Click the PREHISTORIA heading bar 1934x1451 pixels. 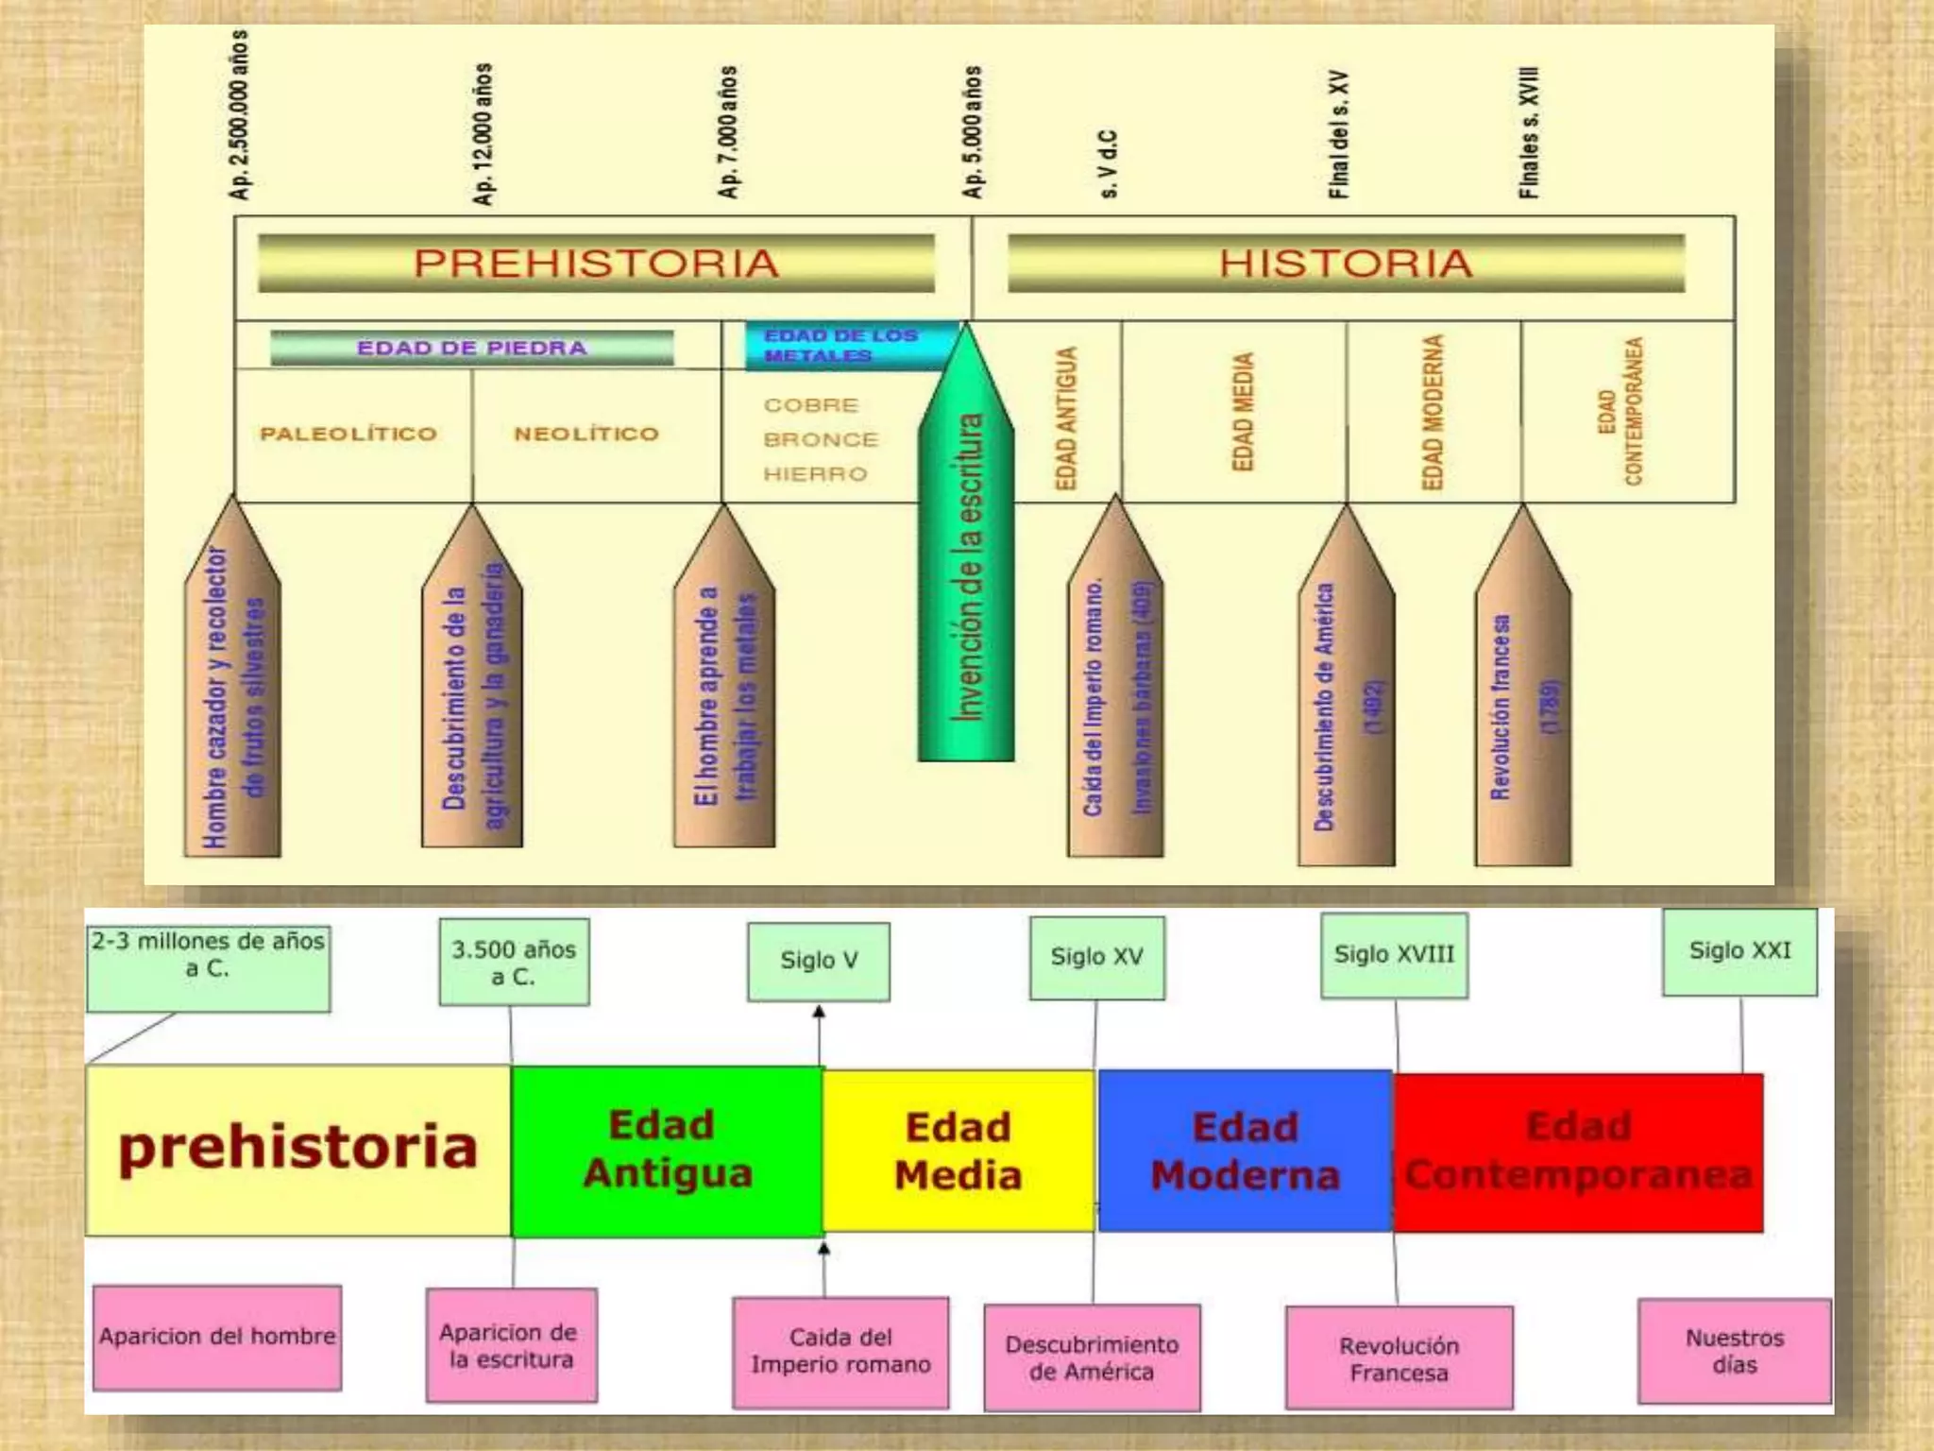[x=596, y=264]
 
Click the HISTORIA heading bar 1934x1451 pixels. [x=1346, y=264]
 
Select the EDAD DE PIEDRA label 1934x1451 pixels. [x=472, y=348]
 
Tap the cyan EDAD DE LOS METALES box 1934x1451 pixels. [x=840, y=346]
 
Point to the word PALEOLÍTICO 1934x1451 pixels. [x=348, y=434]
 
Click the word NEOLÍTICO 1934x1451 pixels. [x=586, y=434]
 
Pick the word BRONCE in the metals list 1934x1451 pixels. [x=821, y=439]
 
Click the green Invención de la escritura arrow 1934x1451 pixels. [x=966, y=567]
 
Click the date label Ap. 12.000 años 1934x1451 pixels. [x=483, y=133]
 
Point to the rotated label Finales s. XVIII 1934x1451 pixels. [x=1529, y=132]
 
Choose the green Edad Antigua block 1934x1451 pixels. [x=667, y=1151]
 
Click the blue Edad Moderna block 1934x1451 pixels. [x=1245, y=1151]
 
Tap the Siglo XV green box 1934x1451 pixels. [x=1096, y=957]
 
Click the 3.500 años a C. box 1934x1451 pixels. [x=514, y=963]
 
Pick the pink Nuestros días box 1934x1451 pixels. [x=1734, y=1351]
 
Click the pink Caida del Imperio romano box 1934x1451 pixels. [x=840, y=1352]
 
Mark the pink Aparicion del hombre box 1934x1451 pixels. [x=217, y=1337]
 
